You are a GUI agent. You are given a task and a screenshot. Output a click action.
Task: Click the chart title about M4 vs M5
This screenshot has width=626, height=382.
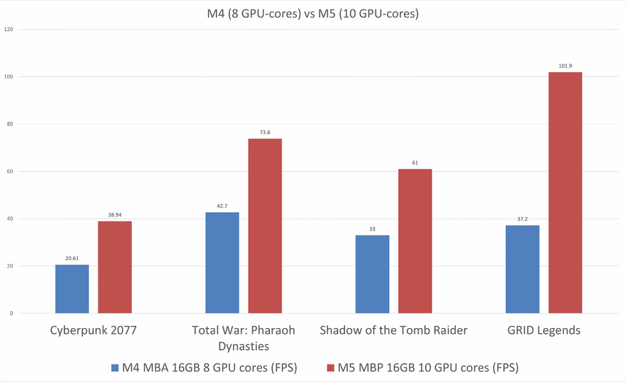click(313, 13)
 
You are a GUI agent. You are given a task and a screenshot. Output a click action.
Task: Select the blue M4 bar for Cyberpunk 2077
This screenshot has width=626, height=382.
click(72, 289)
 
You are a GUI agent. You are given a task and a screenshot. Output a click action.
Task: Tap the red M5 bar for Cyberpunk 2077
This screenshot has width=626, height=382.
click(115, 268)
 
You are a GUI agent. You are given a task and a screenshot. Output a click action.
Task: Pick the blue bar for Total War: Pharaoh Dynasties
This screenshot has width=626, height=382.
click(222, 262)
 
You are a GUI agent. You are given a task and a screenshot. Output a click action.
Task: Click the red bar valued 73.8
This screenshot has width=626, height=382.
click(265, 226)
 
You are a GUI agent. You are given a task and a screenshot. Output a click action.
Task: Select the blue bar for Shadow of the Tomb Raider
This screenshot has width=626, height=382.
click(372, 274)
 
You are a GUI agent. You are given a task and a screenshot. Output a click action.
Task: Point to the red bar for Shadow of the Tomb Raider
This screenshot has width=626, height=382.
click(415, 241)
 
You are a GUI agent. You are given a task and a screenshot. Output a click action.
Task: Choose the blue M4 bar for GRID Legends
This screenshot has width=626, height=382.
click(523, 269)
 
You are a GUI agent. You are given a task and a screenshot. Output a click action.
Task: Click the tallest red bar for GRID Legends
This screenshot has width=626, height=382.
click(565, 192)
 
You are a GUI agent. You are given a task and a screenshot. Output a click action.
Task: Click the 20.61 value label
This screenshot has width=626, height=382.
click(72, 259)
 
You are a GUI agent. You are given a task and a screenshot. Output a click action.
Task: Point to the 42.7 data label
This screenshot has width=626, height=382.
click(222, 206)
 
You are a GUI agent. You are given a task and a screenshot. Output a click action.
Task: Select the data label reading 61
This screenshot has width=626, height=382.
click(415, 163)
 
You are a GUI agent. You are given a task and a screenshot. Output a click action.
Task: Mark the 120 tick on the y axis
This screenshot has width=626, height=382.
click(9, 29)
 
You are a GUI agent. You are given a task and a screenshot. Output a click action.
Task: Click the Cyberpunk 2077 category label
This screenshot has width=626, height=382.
click(93, 330)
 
